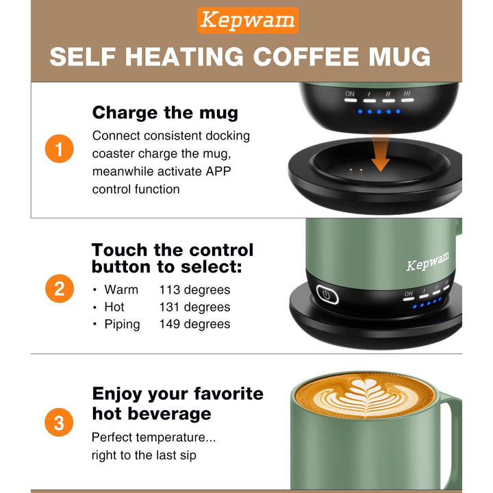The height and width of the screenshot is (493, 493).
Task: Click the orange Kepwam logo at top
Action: tap(248, 21)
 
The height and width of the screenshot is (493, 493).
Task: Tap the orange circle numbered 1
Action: tap(59, 150)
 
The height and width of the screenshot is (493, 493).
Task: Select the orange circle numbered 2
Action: tap(59, 289)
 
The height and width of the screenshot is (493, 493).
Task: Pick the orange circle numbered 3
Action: tap(59, 422)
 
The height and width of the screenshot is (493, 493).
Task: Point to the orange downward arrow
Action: tap(381, 157)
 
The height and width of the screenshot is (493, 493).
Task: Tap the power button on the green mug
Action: tap(327, 296)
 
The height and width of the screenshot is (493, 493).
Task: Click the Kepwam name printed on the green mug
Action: tap(428, 262)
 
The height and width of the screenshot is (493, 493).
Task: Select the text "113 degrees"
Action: tap(194, 290)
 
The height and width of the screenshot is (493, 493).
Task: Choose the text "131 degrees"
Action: tap(194, 307)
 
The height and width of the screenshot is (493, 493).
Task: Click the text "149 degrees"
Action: tap(194, 324)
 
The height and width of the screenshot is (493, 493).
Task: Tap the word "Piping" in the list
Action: tap(122, 324)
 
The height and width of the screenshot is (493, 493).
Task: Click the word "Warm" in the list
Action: tap(121, 290)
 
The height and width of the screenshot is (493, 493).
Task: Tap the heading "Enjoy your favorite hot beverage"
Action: tap(177, 403)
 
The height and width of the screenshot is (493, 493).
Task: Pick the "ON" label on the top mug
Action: tap(350, 94)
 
